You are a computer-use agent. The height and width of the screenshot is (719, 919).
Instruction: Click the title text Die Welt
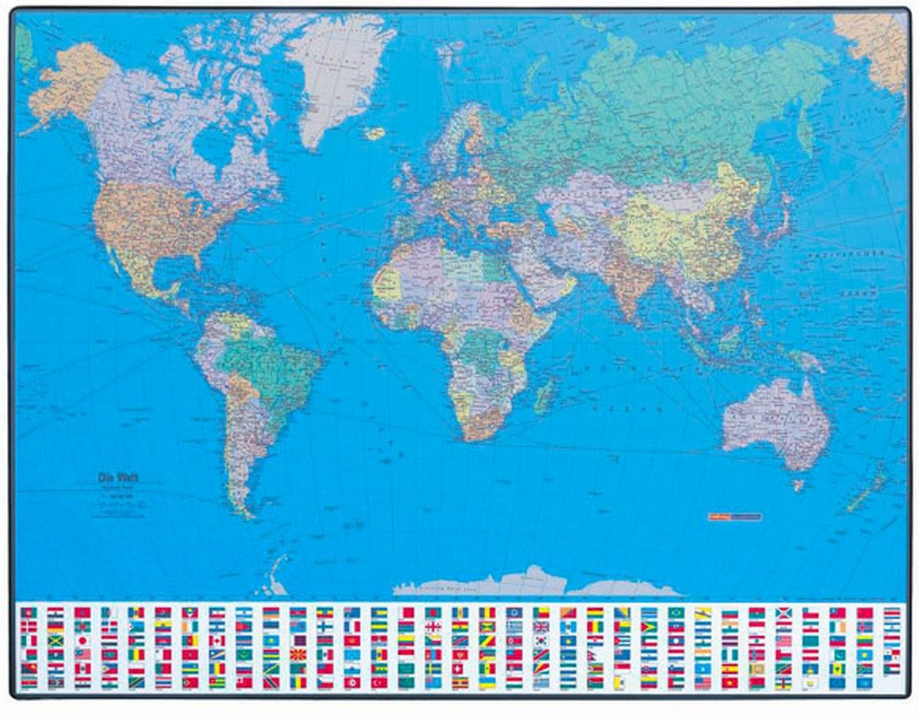pos(119,478)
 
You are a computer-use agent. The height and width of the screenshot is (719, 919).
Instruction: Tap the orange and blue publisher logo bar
pos(734,517)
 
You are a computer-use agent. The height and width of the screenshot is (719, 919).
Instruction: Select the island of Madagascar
pos(544,396)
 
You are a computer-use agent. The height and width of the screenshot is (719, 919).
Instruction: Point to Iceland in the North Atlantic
pos(374,133)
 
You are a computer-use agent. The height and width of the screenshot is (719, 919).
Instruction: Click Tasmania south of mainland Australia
pos(798,485)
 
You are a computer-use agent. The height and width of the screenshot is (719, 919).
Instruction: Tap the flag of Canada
pos(217,640)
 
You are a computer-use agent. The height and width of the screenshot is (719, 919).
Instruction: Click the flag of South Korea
pos(541,640)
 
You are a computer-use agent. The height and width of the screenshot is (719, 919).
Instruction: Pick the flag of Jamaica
pos(55,640)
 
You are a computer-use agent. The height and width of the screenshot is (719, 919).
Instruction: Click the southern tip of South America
pos(247,515)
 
